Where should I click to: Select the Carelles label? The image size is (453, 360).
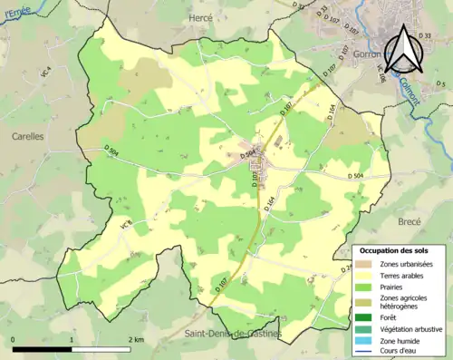point(27,135)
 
